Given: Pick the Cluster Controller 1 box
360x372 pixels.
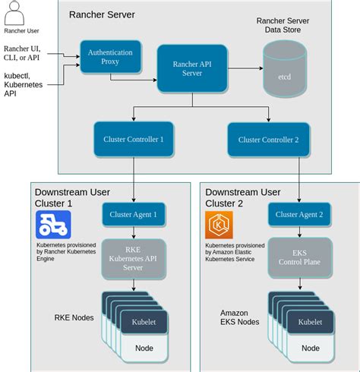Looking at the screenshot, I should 134,139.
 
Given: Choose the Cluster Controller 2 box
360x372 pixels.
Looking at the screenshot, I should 268,139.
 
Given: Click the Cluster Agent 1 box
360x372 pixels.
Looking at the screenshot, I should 134,215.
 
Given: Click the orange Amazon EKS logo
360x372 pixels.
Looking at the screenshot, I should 220,225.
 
